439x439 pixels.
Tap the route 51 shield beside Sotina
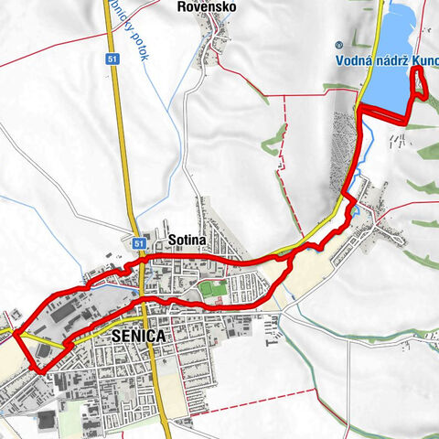tap(137, 243)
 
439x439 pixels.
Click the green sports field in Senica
tap(211, 290)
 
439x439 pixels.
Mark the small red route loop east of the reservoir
tap(421, 82)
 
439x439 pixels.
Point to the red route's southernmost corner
tap(39, 369)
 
